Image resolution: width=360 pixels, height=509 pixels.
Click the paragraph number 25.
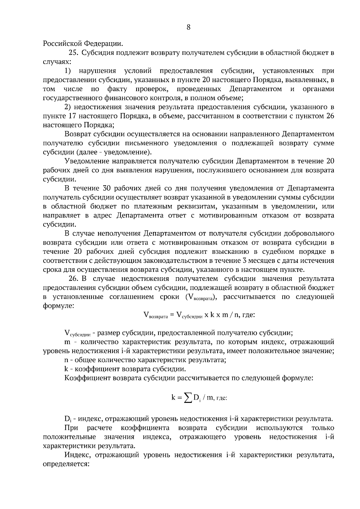[73, 53]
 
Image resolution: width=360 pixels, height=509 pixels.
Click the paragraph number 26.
[73, 279]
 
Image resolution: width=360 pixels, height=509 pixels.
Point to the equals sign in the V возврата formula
[172, 315]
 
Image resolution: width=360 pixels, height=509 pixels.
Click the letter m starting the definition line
[67, 342]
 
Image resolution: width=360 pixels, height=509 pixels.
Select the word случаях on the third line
[57, 62]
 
